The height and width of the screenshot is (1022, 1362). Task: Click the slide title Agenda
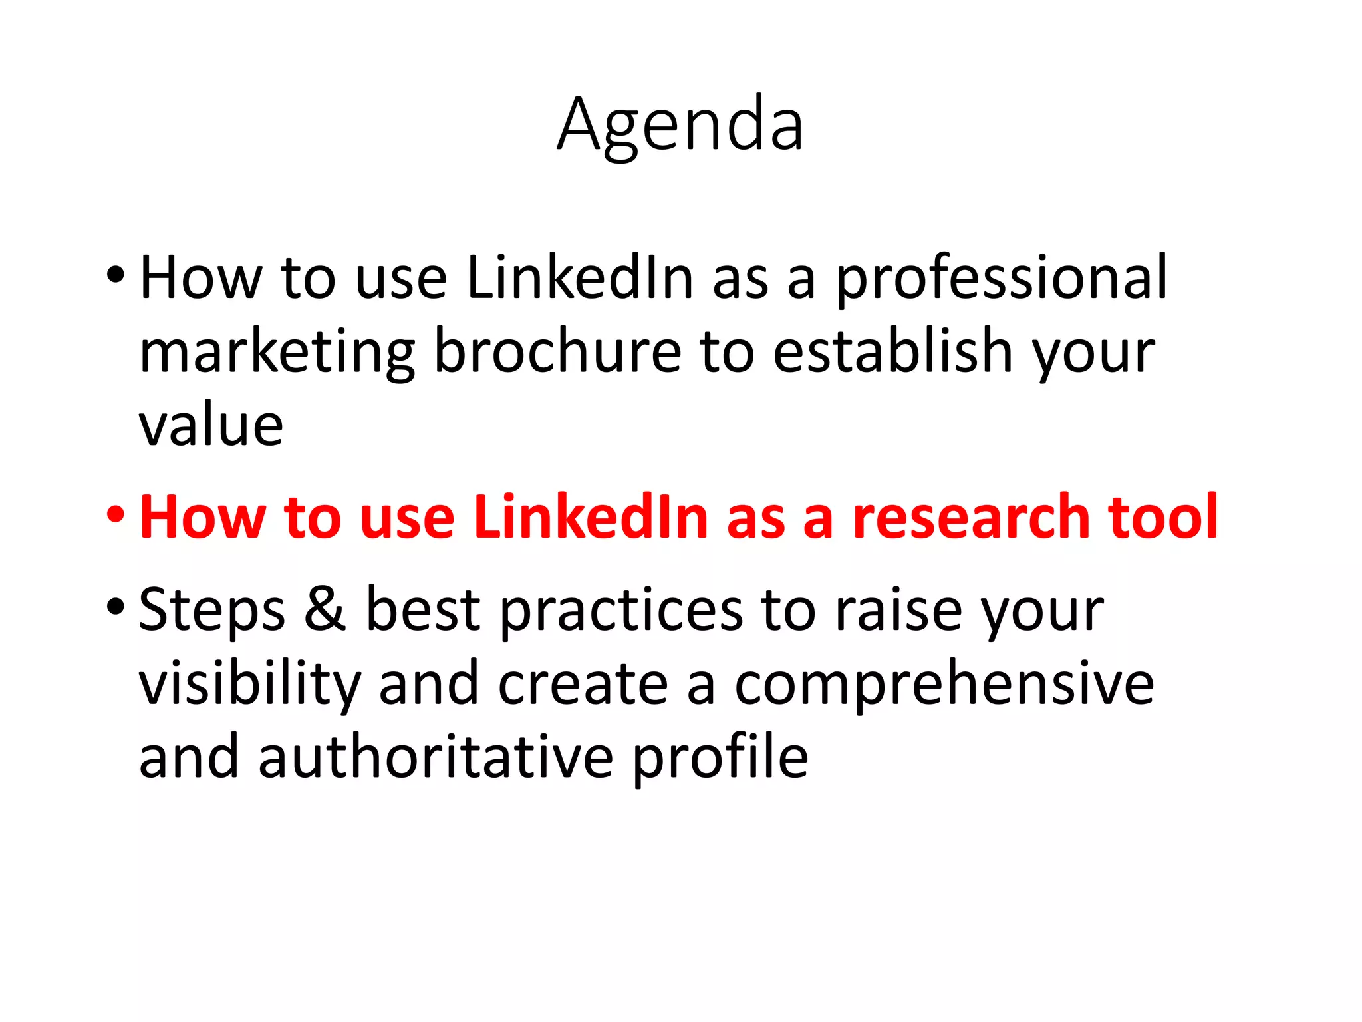coord(680,125)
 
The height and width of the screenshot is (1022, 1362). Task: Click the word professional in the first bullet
coord(1001,278)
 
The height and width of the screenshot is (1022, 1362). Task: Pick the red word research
coord(970,517)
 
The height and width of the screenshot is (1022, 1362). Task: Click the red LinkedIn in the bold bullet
coord(591,517)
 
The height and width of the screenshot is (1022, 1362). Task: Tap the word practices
coord(621,611)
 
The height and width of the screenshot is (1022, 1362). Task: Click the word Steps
coord(212,611)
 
